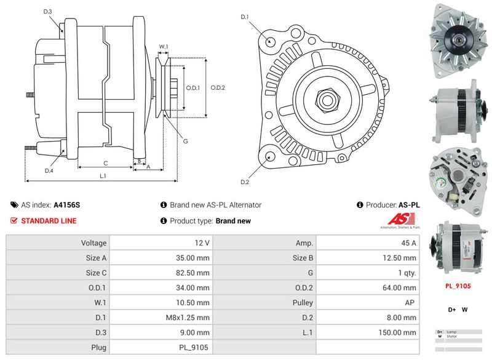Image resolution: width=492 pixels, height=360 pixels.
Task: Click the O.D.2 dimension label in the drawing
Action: [218, 87]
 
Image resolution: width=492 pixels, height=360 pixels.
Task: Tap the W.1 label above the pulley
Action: [164, 47]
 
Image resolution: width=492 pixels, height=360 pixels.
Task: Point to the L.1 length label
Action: [103, 177]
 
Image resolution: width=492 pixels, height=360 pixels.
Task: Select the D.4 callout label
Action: [49, 170]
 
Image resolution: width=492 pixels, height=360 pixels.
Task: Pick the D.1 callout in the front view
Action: [244, 17]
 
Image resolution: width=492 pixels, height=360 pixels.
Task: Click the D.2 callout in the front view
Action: [244, 182]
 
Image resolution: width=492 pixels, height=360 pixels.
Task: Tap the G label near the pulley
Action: [185, 142]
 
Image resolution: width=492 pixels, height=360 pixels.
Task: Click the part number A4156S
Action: [67, 205]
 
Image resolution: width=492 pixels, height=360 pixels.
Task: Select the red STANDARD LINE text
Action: [49, 221]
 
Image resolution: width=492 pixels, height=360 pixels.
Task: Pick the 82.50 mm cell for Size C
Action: [194, 273]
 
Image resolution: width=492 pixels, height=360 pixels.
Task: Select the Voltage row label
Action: [93, 243]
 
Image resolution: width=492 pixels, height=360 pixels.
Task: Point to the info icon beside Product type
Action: [164, 221]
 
